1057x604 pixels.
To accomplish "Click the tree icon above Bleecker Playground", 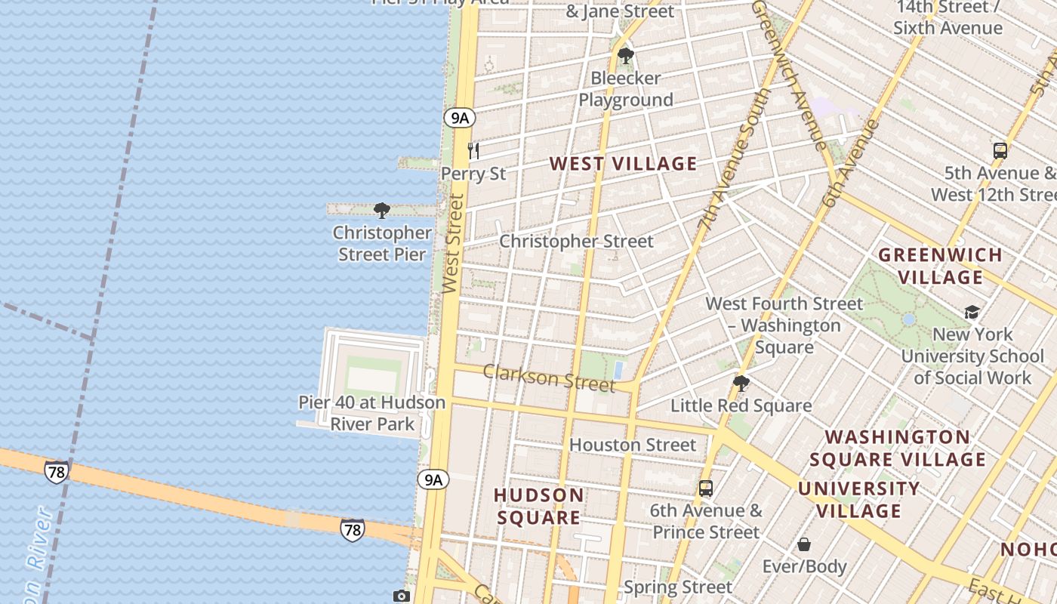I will (625, 55).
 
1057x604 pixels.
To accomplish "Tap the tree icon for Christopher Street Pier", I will (382, 210).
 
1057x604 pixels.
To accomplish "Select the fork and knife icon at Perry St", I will (473, 150).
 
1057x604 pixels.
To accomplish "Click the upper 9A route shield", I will (459, 118).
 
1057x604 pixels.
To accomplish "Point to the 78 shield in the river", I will (56, 472).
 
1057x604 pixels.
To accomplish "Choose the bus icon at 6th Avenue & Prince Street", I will (706, 488).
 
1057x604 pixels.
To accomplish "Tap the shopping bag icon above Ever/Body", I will (805, 544).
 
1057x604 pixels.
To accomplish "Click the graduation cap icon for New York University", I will (972, 312).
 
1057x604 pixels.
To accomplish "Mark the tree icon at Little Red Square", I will (741, 384).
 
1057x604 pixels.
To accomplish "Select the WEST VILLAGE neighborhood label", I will (623, 164).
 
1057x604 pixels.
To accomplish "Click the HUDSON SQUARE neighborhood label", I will (538, 507).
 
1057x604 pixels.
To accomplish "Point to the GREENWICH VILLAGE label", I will (940, 266).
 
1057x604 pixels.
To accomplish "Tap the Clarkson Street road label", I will (549, 377).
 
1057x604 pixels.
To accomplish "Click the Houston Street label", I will (632, 445).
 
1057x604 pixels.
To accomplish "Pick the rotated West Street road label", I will (452, 243).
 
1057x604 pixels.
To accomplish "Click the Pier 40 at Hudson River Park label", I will (372, 413).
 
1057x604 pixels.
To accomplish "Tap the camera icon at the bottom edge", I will (402, 596).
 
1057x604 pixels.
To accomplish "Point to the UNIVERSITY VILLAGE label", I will (859, 500).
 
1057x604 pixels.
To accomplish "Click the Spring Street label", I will (677, 587).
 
